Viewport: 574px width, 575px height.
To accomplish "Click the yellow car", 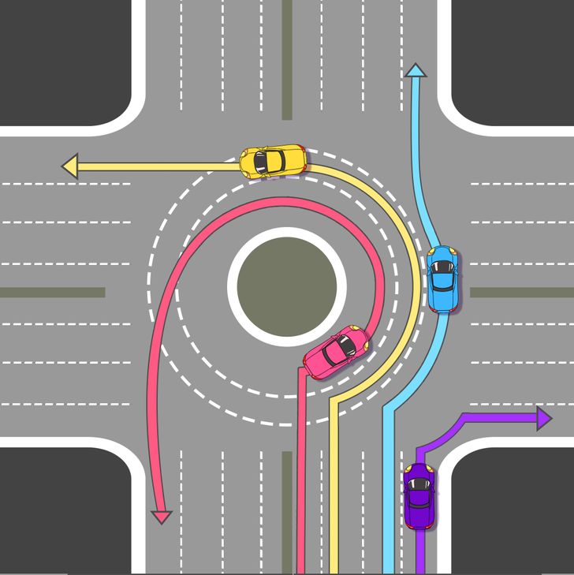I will [x=272, y=161].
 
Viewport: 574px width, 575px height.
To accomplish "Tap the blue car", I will [x=442, y=278].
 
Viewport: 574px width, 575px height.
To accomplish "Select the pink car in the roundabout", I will [x=337, y=351].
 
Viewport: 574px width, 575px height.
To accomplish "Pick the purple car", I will [x=419, y=496].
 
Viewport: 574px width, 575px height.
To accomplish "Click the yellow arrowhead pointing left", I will [x=70, y=166].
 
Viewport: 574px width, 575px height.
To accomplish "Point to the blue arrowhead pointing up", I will [x=416, y=71].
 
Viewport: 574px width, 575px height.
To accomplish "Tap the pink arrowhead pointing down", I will [x=162, y=517].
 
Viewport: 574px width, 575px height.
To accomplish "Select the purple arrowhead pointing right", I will [x=543, y=418].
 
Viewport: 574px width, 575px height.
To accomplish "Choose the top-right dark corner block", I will [x=512, y=59].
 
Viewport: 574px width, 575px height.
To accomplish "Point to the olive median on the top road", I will [x=287, y=59].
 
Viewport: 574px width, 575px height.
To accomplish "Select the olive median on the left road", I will [x=52, y=292].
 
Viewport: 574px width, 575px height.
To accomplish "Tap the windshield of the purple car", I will [x=419, y=483].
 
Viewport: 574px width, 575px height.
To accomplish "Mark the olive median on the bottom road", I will [x=287, y=513].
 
